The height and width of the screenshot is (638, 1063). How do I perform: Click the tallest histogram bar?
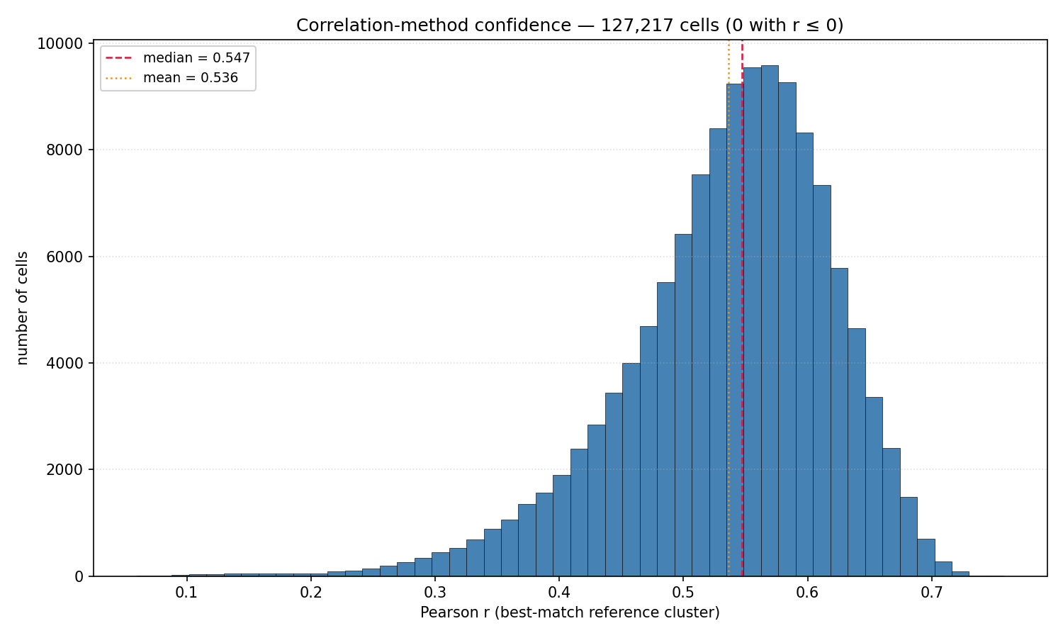pos(770,321)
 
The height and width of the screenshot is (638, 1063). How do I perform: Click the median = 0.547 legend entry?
pos(177,58)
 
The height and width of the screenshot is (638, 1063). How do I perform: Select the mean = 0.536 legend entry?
pos(171,78)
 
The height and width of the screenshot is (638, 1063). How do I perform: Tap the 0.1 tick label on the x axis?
pos(186,593)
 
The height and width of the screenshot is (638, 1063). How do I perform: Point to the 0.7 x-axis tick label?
pos(932,593)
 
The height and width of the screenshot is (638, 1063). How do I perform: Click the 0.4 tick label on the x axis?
pos(558,593)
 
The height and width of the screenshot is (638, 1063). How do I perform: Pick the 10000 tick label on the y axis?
pos(60,44)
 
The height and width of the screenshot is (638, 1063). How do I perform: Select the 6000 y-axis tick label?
pos(64,257)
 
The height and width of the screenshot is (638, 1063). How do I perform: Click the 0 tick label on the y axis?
pos(79,577)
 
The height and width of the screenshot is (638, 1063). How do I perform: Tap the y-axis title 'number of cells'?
pos(22,308)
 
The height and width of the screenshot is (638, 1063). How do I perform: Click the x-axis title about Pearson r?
pos(570,612)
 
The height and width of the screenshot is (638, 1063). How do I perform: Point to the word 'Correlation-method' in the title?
pos(386,25)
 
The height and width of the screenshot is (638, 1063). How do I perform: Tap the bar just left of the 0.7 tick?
pos(926,558)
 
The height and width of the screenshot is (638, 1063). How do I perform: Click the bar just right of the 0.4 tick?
pos(562,526)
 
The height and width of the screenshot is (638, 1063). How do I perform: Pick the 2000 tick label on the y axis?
pos(64,470)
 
